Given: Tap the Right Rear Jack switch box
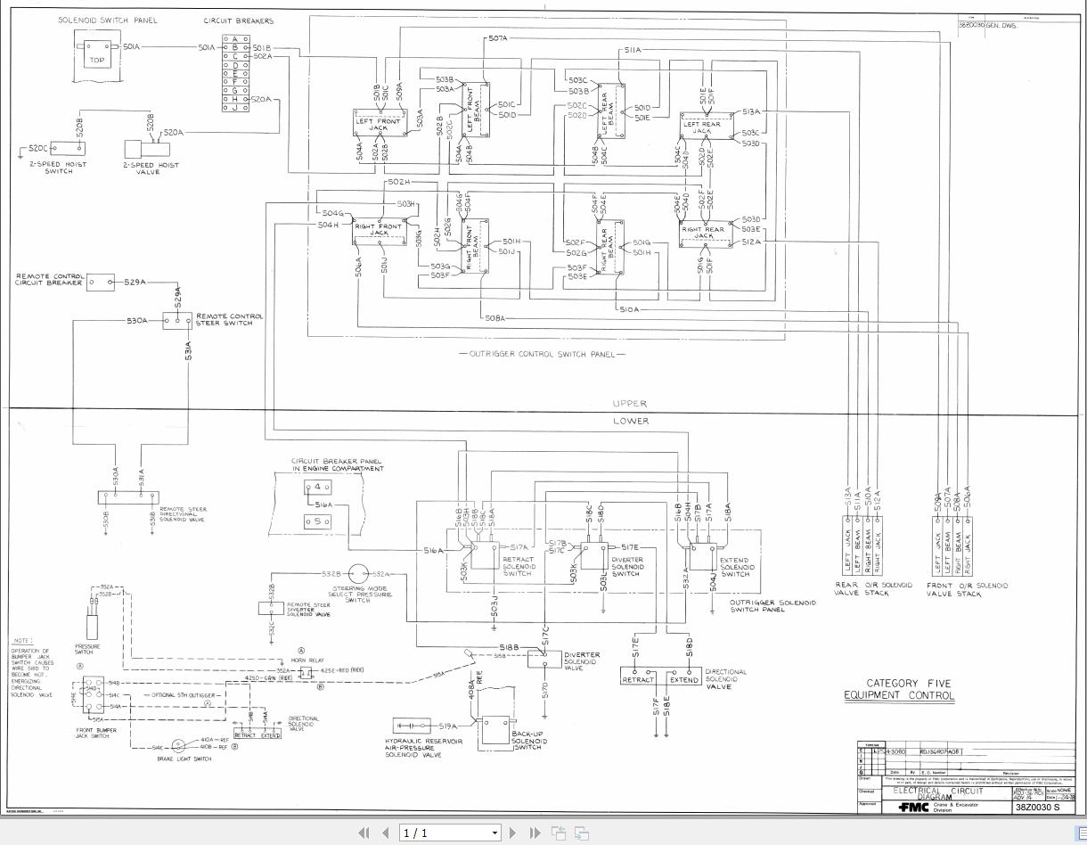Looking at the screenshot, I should pyautogui.click(x=705, y=234).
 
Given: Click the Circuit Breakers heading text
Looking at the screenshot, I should pyautogui.click(x=239, y=21).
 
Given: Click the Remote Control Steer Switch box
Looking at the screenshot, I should pyautogui.click(x=177, y=320).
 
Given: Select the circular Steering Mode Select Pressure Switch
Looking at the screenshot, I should pyautogui.click(x=358, y=574).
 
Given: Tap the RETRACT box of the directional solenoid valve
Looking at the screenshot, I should pyautogui.click(x=638, y=679).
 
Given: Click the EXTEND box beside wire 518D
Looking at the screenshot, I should pyautogui.click(x=683, y=679).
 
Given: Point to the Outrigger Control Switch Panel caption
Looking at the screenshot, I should pyautogui.click(x=542, y=355).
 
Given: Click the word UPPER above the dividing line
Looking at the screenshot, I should pyautogui.click(x=630, y=404).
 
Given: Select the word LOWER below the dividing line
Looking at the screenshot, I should pyautogui.click(x=631, y=421).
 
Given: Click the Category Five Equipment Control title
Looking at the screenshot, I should pyautogui.click(x=898, y=689).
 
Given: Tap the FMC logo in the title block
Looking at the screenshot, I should pyautogui.click(x=912, y=807).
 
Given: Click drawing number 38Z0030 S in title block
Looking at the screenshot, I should pyautogui.click(x=1038, y=808).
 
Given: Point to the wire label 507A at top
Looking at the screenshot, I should pyautogui.click(x=497, y=39).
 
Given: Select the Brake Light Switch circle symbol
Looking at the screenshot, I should pyautogui.click(x=178, y=745).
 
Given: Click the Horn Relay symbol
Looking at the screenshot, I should pyautogui.click(x=306, y=671).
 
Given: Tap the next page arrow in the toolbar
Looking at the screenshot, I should pyautogui.click(x=512, y=833).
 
